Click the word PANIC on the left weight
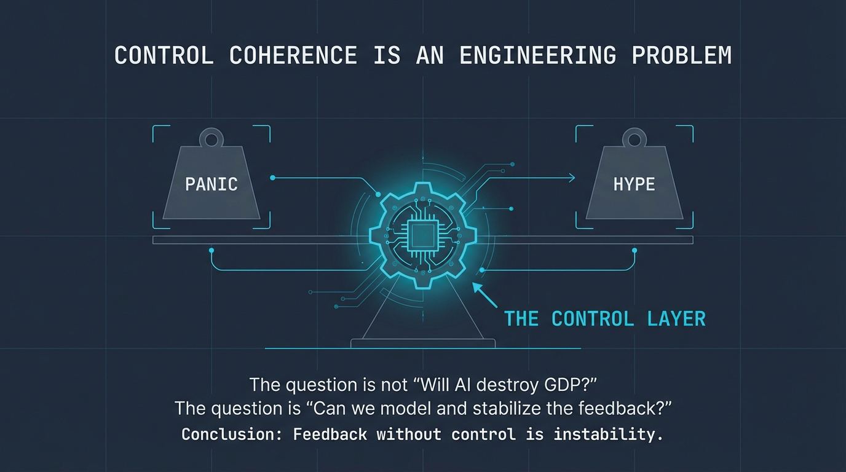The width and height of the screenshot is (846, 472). pyautogui.click(x=211, y=184)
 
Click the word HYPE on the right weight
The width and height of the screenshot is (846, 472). pyautogui.click(x=634, y=184)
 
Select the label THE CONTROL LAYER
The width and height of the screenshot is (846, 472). pyautogui.click(x=604, y=319)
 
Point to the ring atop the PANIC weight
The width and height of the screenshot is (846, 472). pyautogui.click(x=211, y=138)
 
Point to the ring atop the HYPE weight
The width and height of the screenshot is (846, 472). pyautogui.click(x=634, y=138)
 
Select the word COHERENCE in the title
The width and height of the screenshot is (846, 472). pyautogui.click(x=293, y=55)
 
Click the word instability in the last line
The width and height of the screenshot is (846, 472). pyautogui.click(x=608, y=435)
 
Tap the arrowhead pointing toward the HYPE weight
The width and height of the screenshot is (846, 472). pyautogui.click(x=572, y=178)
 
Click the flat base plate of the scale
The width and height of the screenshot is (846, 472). pyautogui.click(x=422, y=342)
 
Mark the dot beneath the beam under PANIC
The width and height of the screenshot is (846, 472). pyautogui.click(x=211, y=250)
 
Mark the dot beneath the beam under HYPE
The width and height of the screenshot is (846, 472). pyautogui.click(x=634, y=250)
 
